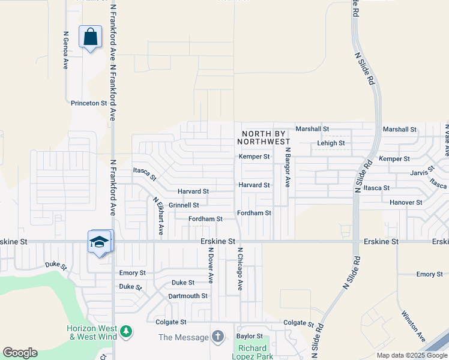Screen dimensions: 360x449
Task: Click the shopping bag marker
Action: [90, 37]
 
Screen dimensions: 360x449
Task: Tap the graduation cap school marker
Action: [99, 242]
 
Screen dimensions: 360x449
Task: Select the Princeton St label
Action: [89, 103]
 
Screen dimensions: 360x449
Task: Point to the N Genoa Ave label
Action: [65, 50]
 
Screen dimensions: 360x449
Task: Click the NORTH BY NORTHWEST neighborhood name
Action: [266, 137]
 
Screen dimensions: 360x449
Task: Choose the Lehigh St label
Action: [331, 143]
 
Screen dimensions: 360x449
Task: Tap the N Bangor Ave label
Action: [288, 167]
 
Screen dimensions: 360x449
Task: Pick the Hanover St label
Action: [406, 202]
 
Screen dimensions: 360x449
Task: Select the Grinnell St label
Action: [184, 205]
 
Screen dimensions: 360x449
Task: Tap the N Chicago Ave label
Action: [240, 269]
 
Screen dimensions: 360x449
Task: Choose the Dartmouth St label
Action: [188, 296]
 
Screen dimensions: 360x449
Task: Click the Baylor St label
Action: [250, 336]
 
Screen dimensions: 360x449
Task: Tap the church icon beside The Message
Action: [218, 337]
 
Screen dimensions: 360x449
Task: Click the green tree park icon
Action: [126, 331]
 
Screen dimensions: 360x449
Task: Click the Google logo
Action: [20, 353]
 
